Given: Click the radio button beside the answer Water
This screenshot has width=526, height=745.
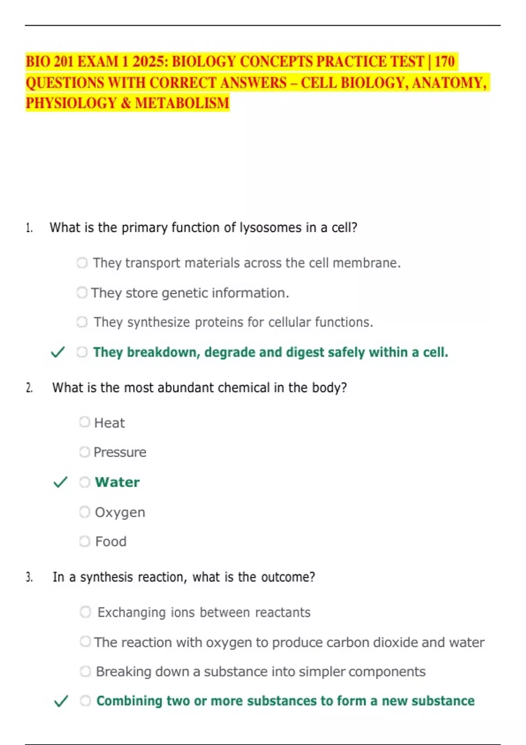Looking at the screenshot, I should point(85,482).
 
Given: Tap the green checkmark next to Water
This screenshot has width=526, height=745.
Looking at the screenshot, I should point(60,482).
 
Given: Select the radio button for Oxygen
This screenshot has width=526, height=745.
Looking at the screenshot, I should point(85,512).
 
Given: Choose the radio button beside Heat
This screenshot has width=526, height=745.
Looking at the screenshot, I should point(85,422).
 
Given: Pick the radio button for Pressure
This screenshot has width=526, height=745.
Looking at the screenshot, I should point(85,452).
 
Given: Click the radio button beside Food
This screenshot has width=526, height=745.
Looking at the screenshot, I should point(85,541).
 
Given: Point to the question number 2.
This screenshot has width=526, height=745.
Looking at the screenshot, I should point(29,388).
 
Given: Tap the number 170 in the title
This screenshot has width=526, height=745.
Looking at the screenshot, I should point(444,61).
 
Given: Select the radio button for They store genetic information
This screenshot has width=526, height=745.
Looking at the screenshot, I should point(82,292).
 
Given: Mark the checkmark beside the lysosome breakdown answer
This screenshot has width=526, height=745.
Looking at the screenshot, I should point(58,352).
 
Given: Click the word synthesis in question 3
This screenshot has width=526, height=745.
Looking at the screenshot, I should point(106,577).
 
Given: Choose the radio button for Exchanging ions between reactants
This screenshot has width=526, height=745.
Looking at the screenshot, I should point(85,612).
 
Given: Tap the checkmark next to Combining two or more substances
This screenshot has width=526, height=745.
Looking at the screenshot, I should point(60,701).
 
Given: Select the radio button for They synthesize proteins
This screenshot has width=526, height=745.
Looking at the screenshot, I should point(82,322).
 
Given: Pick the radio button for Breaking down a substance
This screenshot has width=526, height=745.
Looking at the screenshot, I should point(85,671).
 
